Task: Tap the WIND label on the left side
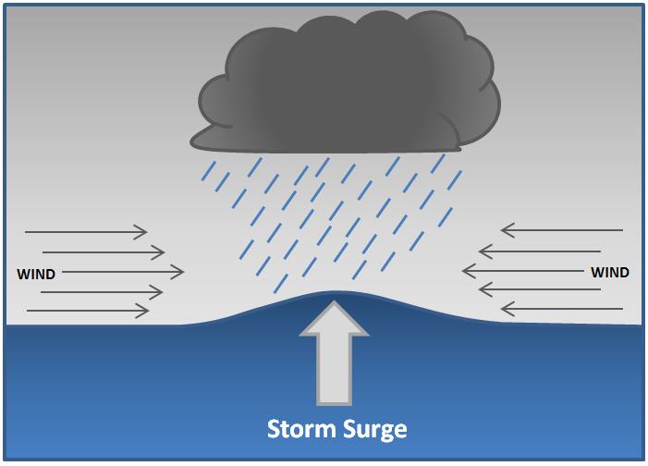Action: [36, 274]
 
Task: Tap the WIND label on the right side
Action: [610, 272]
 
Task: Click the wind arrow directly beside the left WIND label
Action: [120, 272]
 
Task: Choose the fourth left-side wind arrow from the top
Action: [102, 292]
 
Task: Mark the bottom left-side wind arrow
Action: [88, 312]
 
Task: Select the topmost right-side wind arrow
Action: [561, 229]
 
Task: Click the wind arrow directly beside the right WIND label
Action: [522, 270]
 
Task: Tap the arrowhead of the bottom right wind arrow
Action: [505, 308]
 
